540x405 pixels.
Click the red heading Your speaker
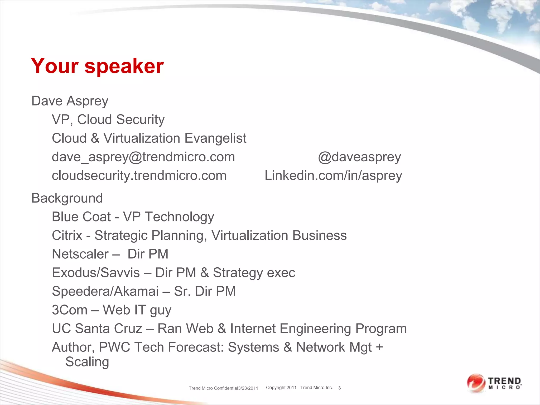pyautogui.click(x=97, y=66)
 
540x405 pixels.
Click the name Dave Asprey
pyautogui.click(x=70, y=101)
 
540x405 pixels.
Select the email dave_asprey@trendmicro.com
pyautogui.click(x=143, y=157)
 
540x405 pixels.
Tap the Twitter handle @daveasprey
pyautogui.click(x=359, y=157)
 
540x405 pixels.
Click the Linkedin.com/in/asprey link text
pyautogui.click(x=333, y=176)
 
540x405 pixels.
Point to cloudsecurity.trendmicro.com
pyautogui.click(x=139, y=176)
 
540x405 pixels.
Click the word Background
pyautogui.click(x=67, y=198)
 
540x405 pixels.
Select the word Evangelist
pyautogui.click(x=215, y=138)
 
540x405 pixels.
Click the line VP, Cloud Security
pyautogui.click(x=108, y=120)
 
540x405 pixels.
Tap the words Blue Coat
pyautogui.click(x=81, y=217)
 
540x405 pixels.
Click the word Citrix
pyautogui.click(x=67, y=235)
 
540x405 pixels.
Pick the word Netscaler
pyautogui.click(x=80, y=254)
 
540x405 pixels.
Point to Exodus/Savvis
pyautogui.click(x=96, y=273)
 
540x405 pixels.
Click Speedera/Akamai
pyautogui.click(x=105, y=291)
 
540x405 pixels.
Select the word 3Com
pyautogui.click(x=69, y=310)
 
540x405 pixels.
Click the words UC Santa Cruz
pyautogui.click(x=97, y=329)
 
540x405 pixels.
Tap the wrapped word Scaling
pyautogui.click(x=87, y=362)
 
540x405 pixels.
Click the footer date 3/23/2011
pyautogui.click(x=248, y=388)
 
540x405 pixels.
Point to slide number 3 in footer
pyautogui.click(x=339, y=388)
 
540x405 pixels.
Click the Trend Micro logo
pyautogui.click(x=494, y=383)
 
